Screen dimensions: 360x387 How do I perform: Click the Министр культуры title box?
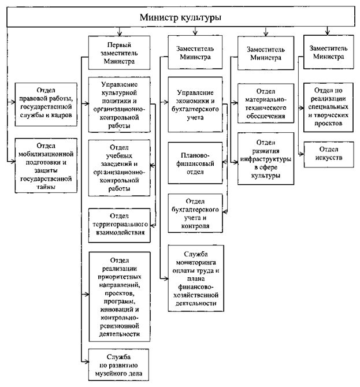tap(180, 17)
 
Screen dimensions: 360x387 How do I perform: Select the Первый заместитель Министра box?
tap(119, 53)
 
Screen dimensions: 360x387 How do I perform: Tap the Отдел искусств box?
tap(329, 154)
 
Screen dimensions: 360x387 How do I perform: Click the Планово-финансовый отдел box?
tap(195, 163)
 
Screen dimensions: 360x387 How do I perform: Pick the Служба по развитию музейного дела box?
tap(119, 365)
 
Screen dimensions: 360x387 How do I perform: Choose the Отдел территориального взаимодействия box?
tap(119, 225)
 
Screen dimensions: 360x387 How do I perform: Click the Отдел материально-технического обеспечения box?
tap(266, 103)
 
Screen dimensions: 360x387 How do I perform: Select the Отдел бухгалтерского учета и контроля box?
tap(195, 213)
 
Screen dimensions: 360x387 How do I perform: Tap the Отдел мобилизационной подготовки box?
tap(46, 165)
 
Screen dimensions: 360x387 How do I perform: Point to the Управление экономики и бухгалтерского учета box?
tap(195, 105)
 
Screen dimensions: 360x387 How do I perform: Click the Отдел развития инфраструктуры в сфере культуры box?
tap(266, 159)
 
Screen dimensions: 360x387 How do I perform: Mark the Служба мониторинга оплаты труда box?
tap(196, 278)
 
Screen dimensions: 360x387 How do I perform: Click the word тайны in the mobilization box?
tap(46, 187)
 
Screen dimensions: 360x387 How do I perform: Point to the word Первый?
tap(119, 44)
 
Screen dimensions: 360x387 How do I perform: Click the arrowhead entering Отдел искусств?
tap(302, 154)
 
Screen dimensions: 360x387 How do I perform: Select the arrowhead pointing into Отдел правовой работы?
tap(13, 102)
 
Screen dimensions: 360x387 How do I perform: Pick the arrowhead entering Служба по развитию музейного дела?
tap(86, 362)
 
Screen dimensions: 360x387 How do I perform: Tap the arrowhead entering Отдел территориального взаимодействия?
tap(153, 225)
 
